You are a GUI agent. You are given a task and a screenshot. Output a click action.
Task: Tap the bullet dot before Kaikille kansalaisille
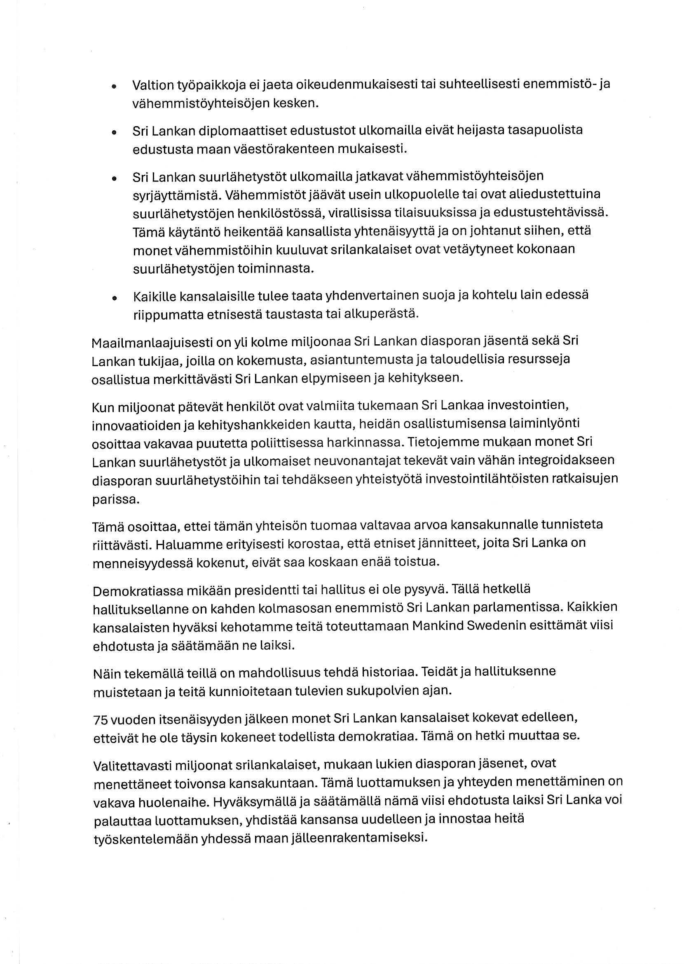[x=114, y=298]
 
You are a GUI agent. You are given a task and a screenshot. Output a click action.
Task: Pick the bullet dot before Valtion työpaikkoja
[x=114, y=86]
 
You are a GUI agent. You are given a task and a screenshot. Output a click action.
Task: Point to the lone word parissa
[x=115, y=500]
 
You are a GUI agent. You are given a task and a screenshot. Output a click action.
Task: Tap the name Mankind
[x=438, y=625]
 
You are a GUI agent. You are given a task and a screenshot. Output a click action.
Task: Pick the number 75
[x=101, y=720]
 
